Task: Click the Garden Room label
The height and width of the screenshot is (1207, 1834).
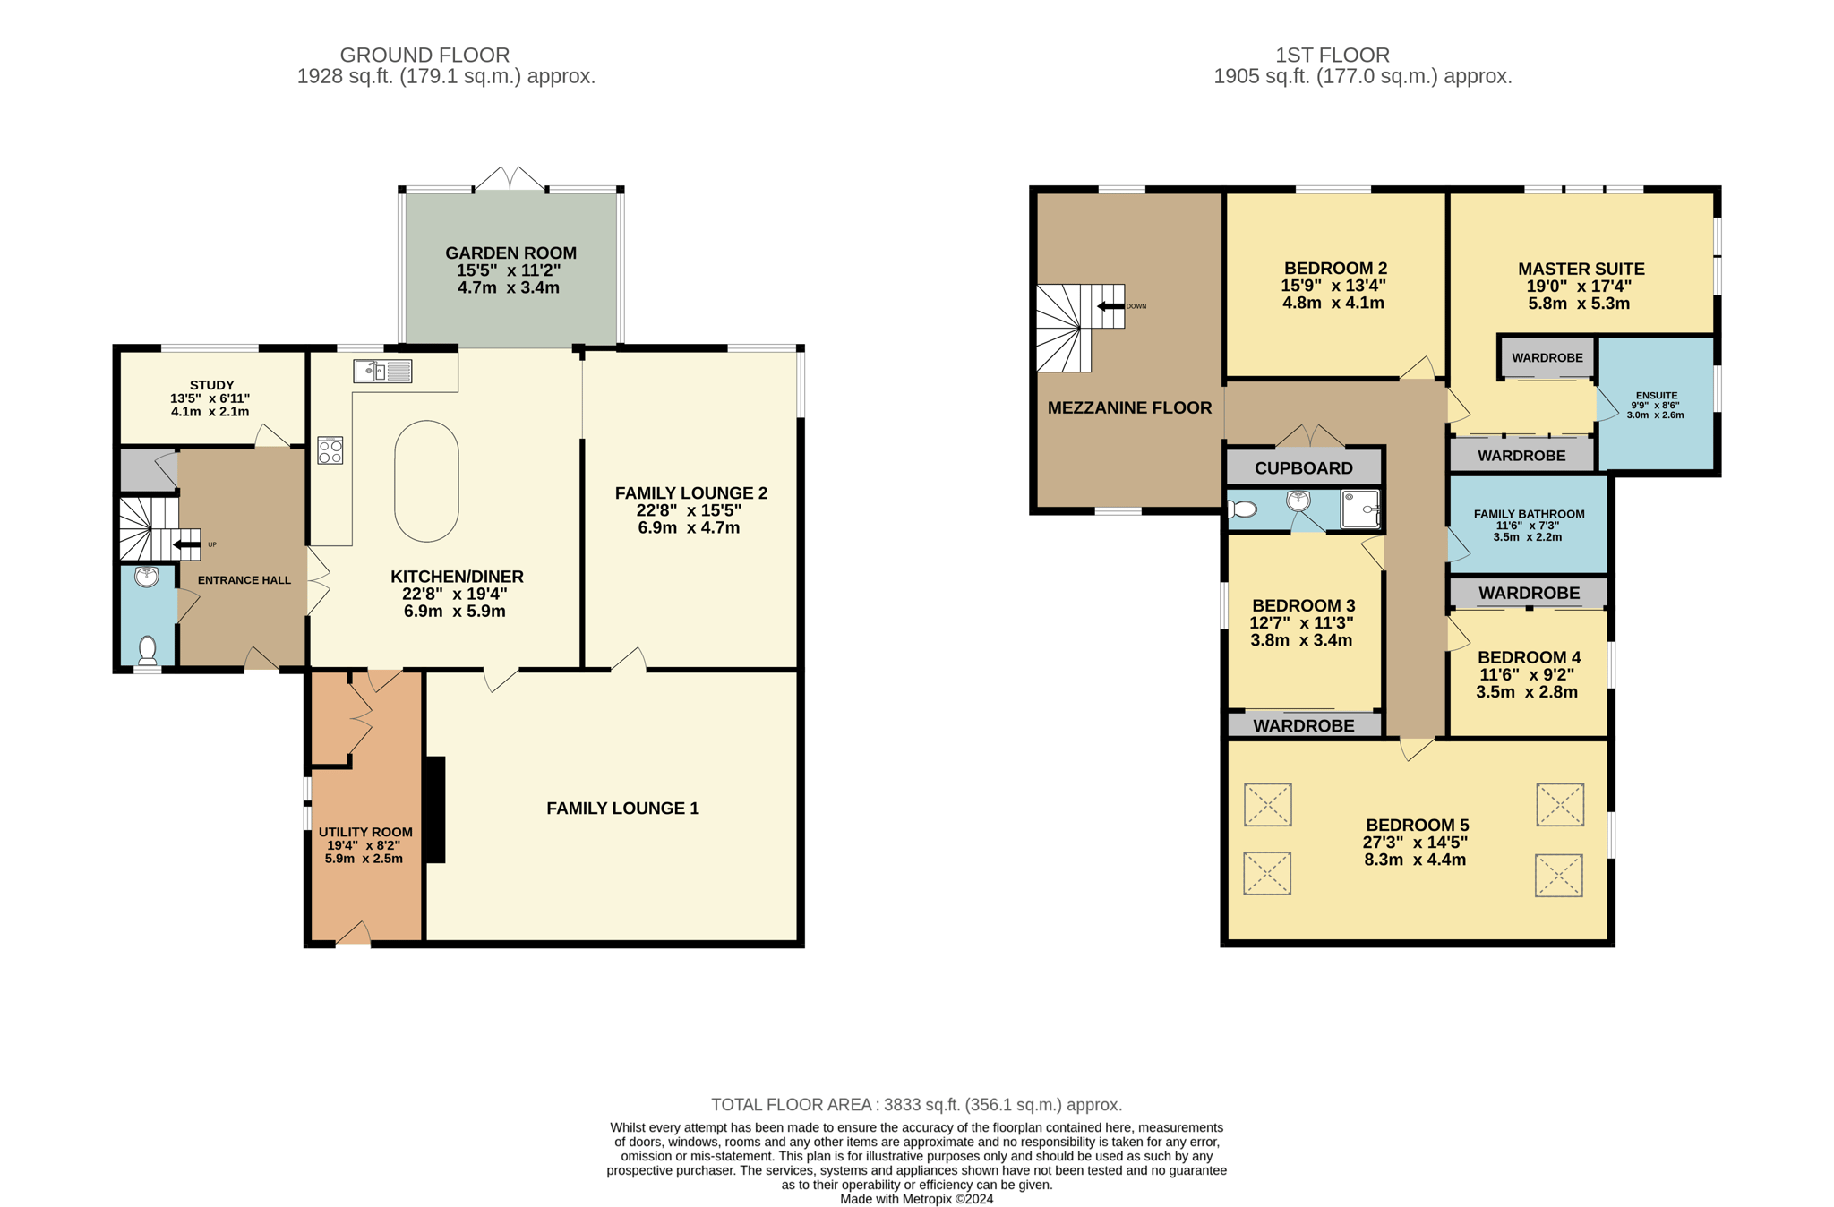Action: (510, 253)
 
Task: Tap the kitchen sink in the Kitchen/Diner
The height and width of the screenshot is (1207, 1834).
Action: (382, 371)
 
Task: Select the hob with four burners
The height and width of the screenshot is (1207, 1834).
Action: (330, 450)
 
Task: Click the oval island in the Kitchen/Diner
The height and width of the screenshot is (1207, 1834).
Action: (426, 481)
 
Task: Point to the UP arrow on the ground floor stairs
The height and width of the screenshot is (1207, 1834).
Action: (186, 544)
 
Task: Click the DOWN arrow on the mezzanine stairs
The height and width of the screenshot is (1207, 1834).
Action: (1110, 306)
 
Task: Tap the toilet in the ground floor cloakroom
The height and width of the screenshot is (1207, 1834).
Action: (148, 648)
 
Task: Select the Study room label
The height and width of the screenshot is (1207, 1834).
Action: (211, 385)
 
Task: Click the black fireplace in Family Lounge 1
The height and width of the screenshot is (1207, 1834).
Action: (434, 810)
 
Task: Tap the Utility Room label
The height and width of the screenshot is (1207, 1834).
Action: (365, 832)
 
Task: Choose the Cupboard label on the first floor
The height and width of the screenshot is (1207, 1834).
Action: (1304, 468)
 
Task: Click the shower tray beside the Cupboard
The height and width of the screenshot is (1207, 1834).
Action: (1360, 509)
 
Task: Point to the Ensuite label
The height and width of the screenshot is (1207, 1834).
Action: (1656, 395)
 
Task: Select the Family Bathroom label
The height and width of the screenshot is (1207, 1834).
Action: (1530, 514)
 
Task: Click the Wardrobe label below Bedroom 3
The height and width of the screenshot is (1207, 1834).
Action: (1304, 726)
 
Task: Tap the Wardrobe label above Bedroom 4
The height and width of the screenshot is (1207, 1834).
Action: (1530, 593)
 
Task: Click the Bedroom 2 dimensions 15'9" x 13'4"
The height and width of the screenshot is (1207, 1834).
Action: (1333, 286)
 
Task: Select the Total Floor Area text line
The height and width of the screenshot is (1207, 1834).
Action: (917, 1105)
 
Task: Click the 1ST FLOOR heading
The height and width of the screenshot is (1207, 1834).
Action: (1333, 56)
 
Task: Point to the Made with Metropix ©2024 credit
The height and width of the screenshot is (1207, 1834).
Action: (917, 1199)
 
